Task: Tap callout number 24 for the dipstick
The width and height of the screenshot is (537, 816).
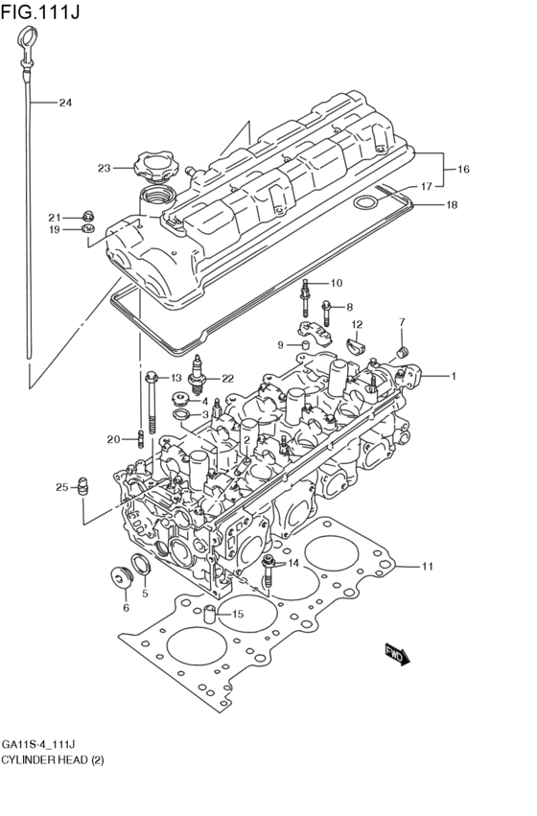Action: [65, 103]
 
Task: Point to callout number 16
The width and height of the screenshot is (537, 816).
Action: [463, 169]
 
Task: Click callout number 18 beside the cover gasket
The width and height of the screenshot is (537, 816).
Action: [452, 204]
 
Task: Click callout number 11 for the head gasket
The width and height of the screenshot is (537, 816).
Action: [427, 567]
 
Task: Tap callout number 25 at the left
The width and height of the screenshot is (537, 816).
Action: [61, 487]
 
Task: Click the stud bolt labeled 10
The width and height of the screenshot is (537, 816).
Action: [305, 295]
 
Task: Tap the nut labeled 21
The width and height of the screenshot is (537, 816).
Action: [88, 215]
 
